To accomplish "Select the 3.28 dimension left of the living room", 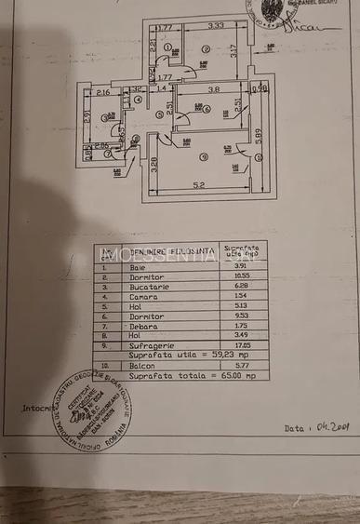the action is click(x=153, y=167).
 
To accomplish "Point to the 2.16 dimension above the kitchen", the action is click(x=102, y=92).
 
